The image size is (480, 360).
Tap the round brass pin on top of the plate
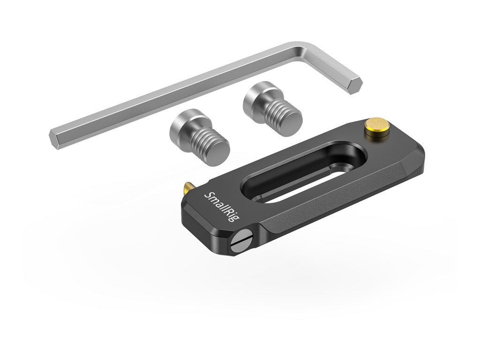click(371, 127)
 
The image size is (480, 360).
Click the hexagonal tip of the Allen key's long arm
click(57, 139)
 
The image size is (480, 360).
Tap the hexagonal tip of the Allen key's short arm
click(355, 86)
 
